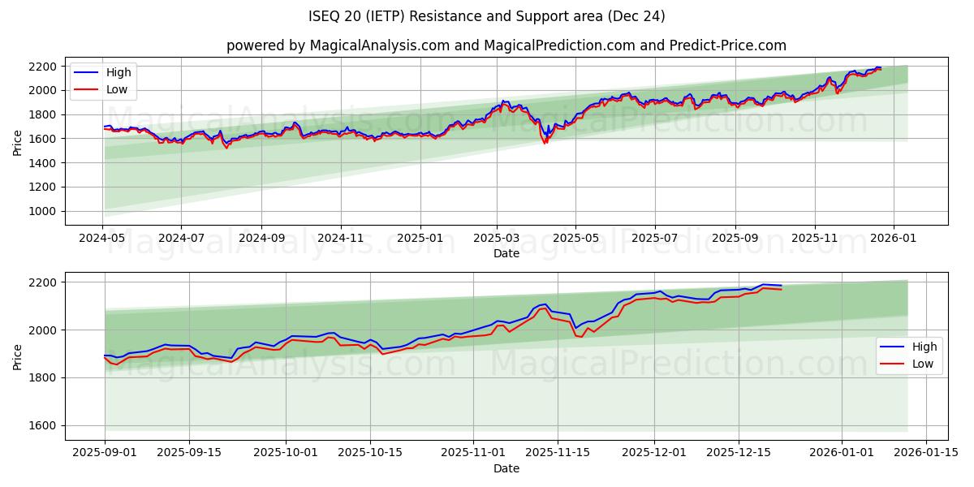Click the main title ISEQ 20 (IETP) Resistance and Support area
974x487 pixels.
point(487,16)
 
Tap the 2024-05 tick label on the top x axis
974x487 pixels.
point(103,239)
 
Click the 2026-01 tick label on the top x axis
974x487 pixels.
point(894,239)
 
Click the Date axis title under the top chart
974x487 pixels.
point(506,253)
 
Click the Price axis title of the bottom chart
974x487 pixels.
point(18,356)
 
